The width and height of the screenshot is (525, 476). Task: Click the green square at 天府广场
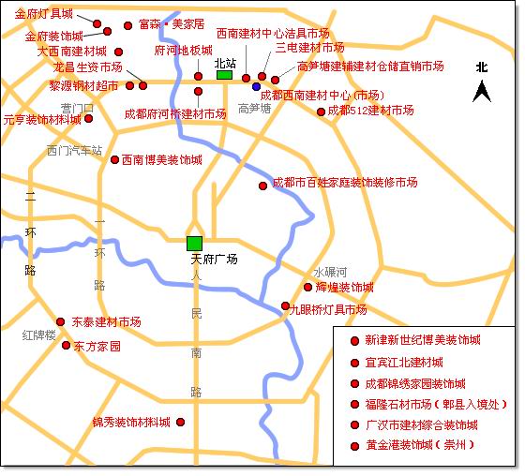pyautogui.click(x=194, y=244)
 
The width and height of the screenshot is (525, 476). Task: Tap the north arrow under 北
pyautogui.click(x=482, y=92)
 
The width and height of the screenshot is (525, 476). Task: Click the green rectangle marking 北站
pyautogui.click(x=224, y=75)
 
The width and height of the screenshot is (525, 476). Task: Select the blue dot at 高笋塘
pyautogui.click(x=256, y=87)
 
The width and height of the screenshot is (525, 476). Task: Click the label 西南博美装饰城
pyautogui.click(x=162, y=159)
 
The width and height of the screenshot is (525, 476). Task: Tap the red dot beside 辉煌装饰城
pyautogui.click(x=307, y=287)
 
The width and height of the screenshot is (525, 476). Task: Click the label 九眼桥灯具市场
pyautogui.click(x=328, y=309)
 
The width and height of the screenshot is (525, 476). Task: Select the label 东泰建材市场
pyautogui.click(x=107, y=321)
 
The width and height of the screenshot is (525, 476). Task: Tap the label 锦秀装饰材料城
pyautogui.click(x=131, y=423)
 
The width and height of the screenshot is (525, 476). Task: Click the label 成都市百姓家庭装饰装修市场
pyautogui.click(x=344, y=183)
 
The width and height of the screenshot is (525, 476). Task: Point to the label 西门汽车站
pyautogui.click(x=74, y=150)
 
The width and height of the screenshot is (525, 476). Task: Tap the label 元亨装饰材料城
pyautogui.click(x=41, y=120)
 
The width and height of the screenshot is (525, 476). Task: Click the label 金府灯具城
pyautogui.click(x=44, y=14)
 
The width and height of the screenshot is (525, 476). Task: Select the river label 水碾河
pyautogui.click(x=330, y=271)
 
